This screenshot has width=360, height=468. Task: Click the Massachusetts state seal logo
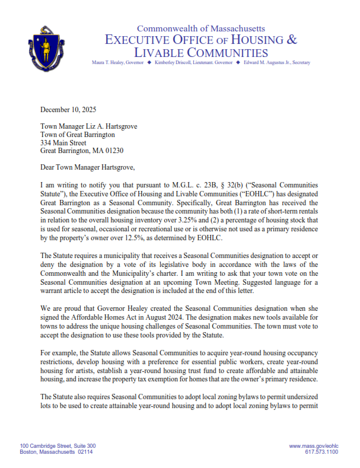44,46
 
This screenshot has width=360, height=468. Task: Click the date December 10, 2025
68,109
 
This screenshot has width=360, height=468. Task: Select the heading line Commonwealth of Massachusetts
201,28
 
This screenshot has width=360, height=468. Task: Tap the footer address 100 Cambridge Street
58,445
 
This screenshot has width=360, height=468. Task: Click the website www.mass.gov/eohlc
314,445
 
